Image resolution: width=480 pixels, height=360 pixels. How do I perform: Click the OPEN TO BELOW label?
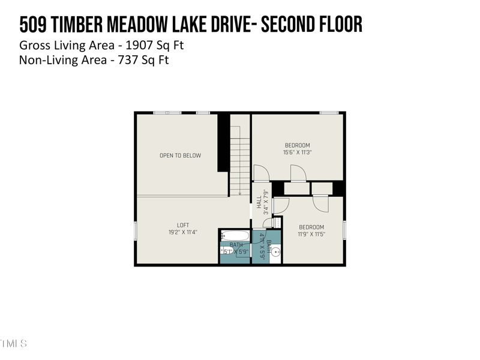(x=180, y=155)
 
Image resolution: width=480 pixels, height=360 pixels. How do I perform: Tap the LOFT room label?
(x=183, y=226)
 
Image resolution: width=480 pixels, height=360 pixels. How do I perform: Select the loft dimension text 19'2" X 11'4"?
(x=183, y=232)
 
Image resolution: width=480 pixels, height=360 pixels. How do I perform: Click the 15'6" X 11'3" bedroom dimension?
(x=297, y=152)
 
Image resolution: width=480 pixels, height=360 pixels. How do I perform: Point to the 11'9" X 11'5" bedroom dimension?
(x=311, y=234)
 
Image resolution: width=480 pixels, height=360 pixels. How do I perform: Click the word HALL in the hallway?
(x=259, y=203)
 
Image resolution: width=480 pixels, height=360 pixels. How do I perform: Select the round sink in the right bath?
(x=276, y=252)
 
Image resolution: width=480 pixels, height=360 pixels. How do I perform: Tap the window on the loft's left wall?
(x=136, y=230)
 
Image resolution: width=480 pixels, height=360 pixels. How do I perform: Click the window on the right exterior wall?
(x=344, y=230)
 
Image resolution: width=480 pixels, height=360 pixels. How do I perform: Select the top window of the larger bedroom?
(x=328, y=113)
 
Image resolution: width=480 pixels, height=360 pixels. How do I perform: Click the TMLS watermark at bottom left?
(x=13, y=344)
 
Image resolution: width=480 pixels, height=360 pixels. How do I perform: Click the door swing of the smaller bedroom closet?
(x=320, y=203)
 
